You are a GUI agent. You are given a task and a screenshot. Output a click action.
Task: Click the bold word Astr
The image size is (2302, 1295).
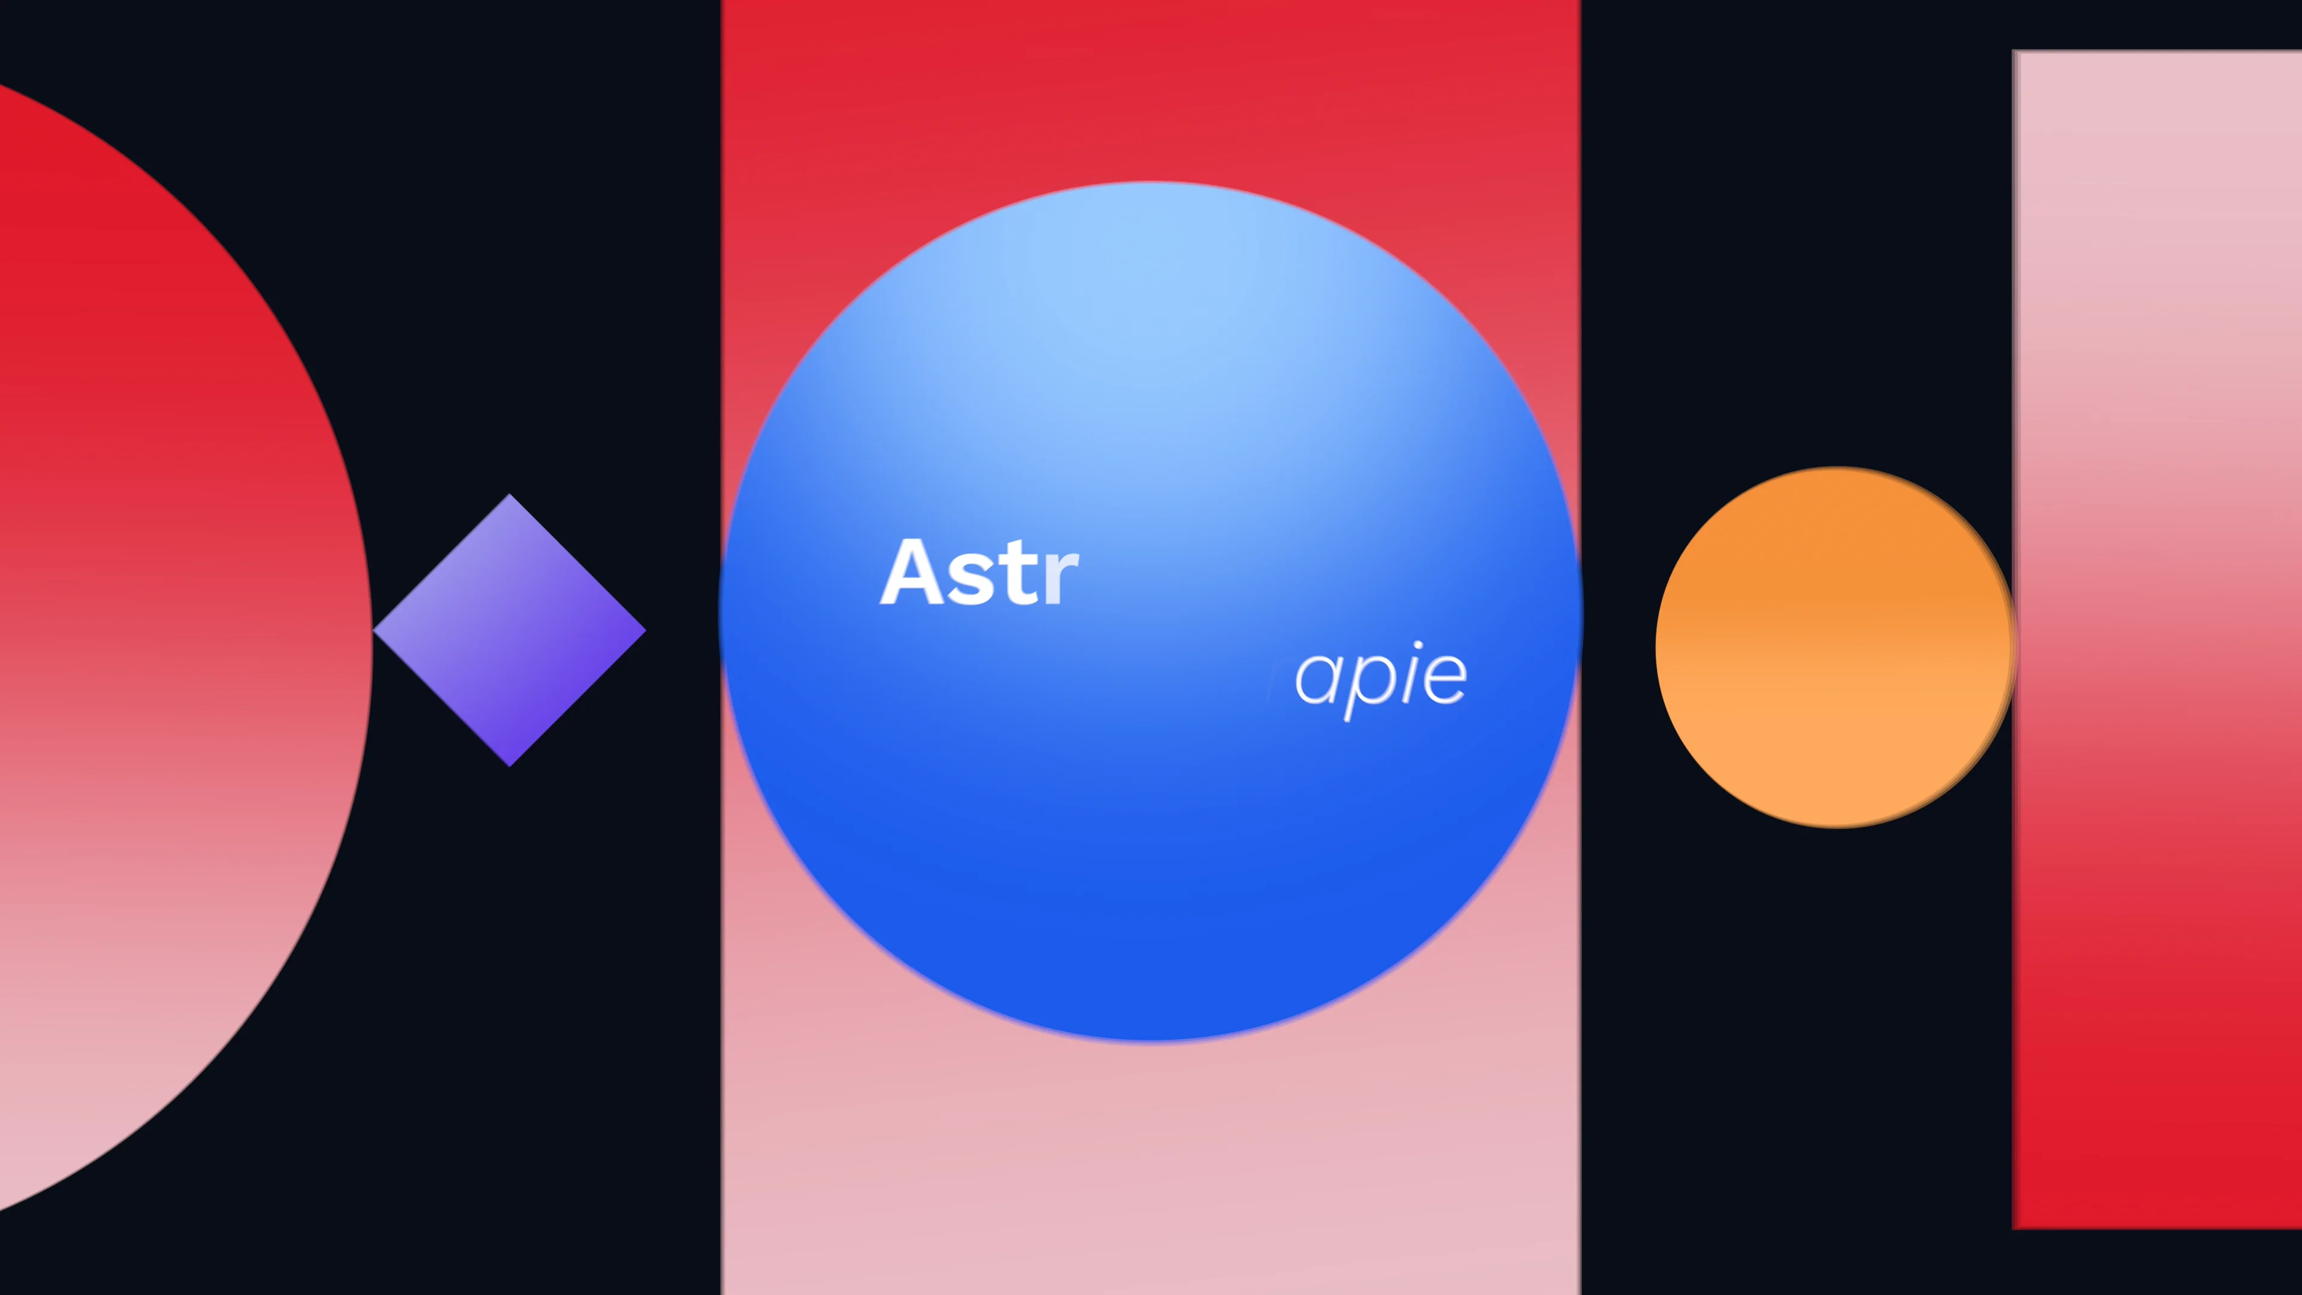tap(980, 574)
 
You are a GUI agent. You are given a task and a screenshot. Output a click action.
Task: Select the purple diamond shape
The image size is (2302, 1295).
tap(510, 630)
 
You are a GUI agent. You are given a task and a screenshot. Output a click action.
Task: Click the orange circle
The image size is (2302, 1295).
tap(1834, 647)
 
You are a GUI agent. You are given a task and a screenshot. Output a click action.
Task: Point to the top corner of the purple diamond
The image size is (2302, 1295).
tap(510, 496)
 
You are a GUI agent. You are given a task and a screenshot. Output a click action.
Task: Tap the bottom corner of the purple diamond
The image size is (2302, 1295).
tap(510, 764)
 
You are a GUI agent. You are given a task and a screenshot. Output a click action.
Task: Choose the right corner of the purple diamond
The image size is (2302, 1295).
tap(643, 630)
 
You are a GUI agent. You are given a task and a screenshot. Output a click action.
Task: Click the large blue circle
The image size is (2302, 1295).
tap(1150, 849)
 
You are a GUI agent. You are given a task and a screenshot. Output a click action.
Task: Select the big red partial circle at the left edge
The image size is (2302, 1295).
tap(161, 625)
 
